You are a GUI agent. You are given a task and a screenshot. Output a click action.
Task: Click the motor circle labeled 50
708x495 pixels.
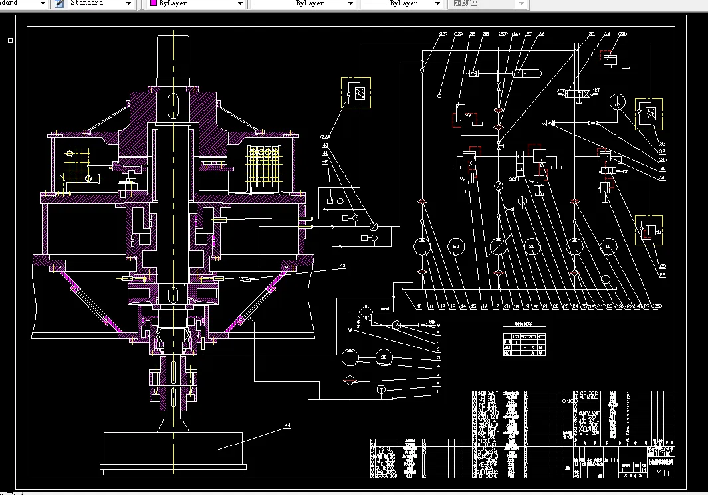coord(455,247)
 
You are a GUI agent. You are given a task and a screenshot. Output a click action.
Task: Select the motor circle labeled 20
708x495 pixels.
coord(531,247)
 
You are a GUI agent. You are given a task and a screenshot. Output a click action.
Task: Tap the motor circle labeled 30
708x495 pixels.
coord(383,357)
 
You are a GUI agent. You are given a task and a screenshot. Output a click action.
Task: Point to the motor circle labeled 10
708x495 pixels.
coord(607,247)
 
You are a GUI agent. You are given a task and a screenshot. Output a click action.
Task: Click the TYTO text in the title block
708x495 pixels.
coord(661,473)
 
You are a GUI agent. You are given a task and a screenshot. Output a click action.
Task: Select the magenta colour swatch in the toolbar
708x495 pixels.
coord(154,3)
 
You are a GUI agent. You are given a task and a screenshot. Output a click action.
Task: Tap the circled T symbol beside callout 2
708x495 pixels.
coord(381,389)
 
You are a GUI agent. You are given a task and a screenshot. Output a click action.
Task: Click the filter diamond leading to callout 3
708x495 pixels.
coord(350,379)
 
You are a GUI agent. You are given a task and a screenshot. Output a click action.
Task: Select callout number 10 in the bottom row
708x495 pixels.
coord(419,306)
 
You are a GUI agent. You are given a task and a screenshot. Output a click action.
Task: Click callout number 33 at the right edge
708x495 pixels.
coord(662,144)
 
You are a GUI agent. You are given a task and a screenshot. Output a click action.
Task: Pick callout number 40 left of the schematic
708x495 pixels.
coord(325,145)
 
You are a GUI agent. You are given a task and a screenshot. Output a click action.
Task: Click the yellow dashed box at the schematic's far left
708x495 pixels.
coord(356,92)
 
